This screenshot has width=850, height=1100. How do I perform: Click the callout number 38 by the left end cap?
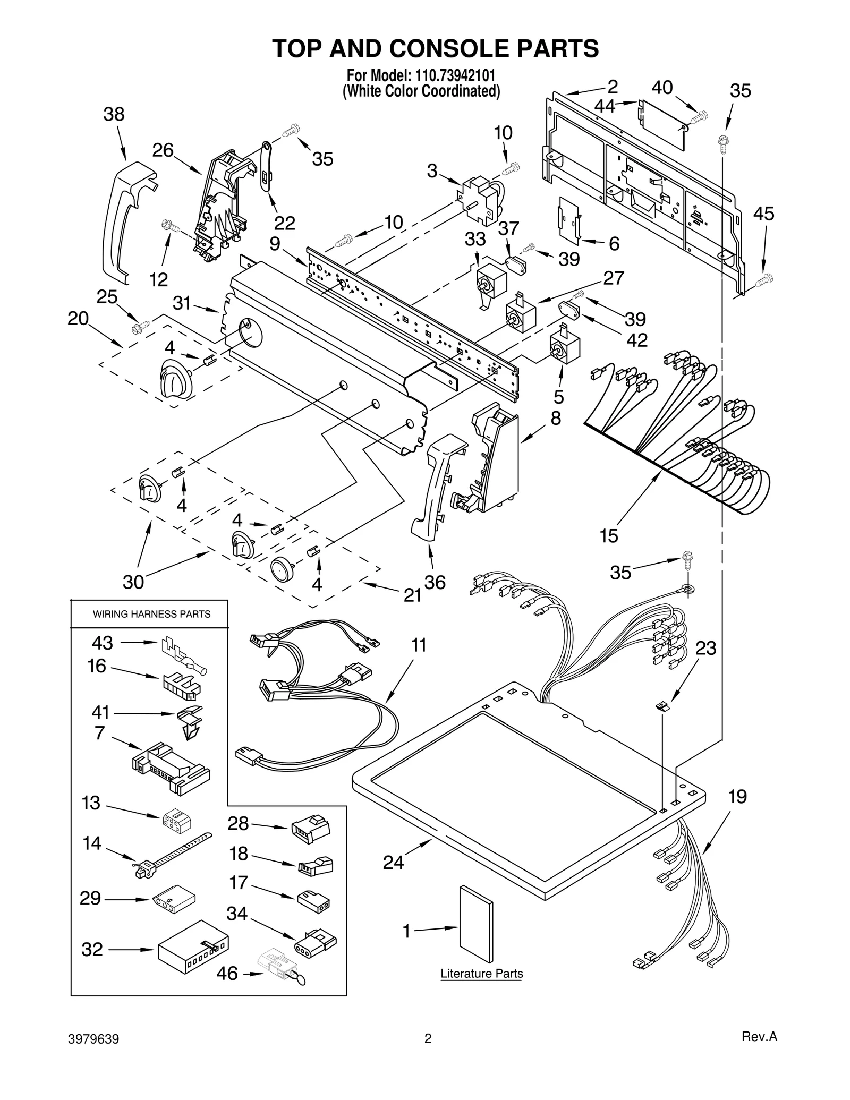point(114,114)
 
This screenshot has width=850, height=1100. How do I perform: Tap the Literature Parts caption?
point(481,974)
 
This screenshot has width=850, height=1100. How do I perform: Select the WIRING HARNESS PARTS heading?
point(151,614)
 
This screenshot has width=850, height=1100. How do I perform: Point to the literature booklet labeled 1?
point(476,924)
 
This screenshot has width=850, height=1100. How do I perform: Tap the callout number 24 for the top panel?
point(393,863)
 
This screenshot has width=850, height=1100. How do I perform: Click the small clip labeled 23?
point(662,706)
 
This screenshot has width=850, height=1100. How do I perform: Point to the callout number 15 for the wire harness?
point(609,536)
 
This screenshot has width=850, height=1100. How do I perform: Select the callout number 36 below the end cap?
point(435,582)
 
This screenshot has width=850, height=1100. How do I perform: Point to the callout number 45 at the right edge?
point(763,214)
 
